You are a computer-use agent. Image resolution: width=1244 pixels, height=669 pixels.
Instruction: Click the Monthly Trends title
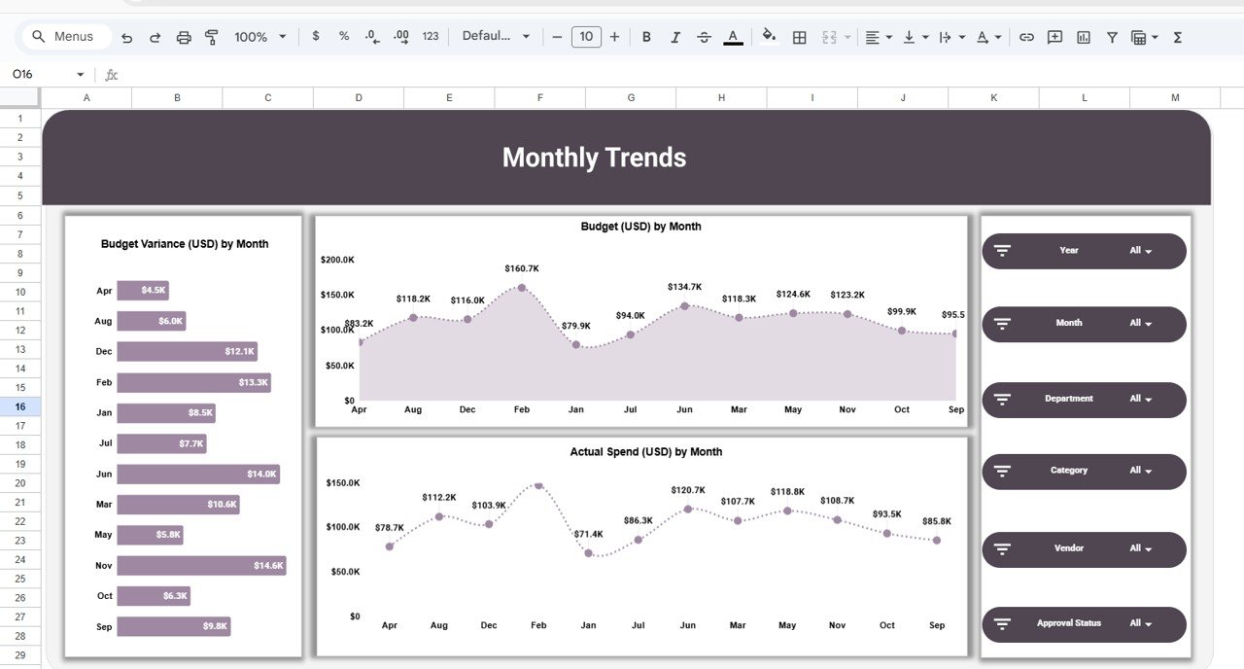[594, 158]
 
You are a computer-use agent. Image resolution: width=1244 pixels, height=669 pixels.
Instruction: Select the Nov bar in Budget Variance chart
[201, 566]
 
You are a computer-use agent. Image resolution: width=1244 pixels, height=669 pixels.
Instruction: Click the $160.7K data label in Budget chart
[522, 268]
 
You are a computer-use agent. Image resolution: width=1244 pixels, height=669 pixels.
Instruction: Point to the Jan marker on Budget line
[576, 344]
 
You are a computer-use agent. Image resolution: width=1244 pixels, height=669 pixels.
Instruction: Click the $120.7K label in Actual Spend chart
[688, 490]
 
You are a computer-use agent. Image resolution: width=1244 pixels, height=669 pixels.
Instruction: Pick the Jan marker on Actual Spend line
[588, 553]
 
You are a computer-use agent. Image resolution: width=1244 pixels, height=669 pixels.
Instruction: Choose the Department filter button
[1084, 400]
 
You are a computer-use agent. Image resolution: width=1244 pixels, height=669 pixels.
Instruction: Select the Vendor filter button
[1084, 549]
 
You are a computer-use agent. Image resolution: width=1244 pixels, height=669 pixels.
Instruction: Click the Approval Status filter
[1084, 624]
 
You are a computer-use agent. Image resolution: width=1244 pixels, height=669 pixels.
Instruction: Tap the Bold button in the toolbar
[646, 37]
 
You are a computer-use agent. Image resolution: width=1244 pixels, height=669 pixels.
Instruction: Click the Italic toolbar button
[675, 37]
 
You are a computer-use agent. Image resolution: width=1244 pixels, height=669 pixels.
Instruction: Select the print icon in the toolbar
[184, 37]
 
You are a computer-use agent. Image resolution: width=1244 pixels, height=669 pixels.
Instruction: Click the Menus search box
[64, 37]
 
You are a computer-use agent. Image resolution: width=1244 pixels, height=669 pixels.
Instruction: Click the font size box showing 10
[585, 37]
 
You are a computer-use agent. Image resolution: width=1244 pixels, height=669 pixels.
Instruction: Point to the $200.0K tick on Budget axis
[337, 260]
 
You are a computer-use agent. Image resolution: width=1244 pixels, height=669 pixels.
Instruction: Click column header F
[539, 97]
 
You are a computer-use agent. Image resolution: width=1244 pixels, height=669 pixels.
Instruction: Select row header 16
[20, 406]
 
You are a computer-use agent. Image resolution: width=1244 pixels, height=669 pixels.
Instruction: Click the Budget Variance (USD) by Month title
[185, 244]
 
